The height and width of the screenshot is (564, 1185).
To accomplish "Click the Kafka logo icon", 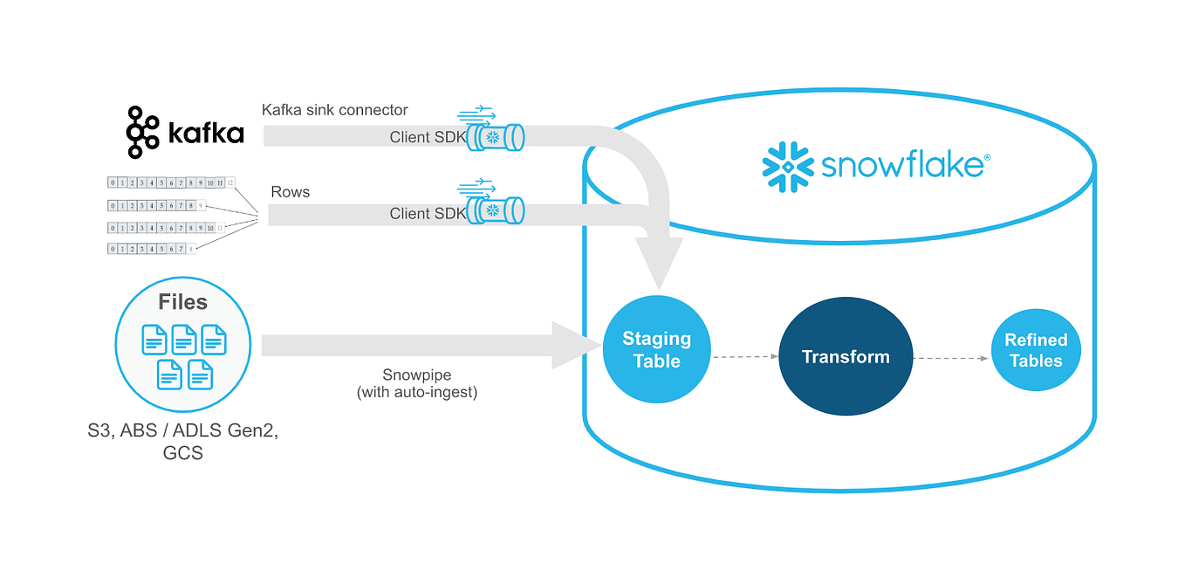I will coord(142,133).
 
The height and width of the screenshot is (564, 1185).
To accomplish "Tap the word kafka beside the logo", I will coord(204,134).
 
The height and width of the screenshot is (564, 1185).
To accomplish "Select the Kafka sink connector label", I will coord(334,110).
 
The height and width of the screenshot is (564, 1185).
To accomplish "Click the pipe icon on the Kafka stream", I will coord(494,137).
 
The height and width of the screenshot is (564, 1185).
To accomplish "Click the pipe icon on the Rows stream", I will coord(494,210).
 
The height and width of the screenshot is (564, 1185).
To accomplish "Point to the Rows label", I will coord(291,192).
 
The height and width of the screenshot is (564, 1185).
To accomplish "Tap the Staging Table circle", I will coord(656,349).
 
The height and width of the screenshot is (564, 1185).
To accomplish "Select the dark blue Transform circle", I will coord(846,356).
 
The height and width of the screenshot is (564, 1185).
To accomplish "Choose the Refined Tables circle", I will coord(1036,350).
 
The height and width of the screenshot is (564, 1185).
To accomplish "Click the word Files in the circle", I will coord(182,302).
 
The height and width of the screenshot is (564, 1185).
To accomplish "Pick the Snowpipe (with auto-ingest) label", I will coord(417,383).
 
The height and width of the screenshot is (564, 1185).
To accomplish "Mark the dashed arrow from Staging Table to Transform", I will coord(744,356).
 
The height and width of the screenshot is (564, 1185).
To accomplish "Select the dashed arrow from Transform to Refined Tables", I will coord(951,357).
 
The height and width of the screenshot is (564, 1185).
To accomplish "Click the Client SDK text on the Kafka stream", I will coord(422,137).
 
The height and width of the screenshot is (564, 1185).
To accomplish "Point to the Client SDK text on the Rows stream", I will coord(422,213).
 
